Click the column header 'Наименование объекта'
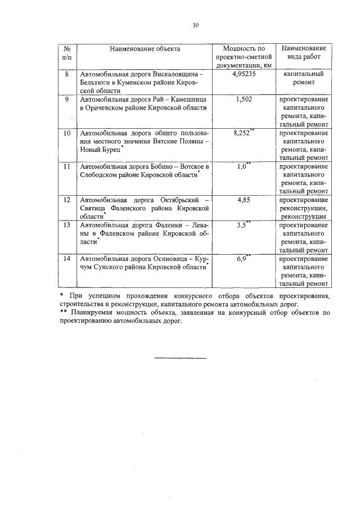click(x=145, y=49)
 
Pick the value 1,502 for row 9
click(x=244, y=100)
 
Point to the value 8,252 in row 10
click(x=242, y=133)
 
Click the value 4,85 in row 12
click(x=244, y=200)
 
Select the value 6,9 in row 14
click(x=242, y=258)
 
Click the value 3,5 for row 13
click(x=242, y=226)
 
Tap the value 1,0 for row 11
click(x=242, y=167)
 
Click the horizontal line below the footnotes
click(x=180, y=358)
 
